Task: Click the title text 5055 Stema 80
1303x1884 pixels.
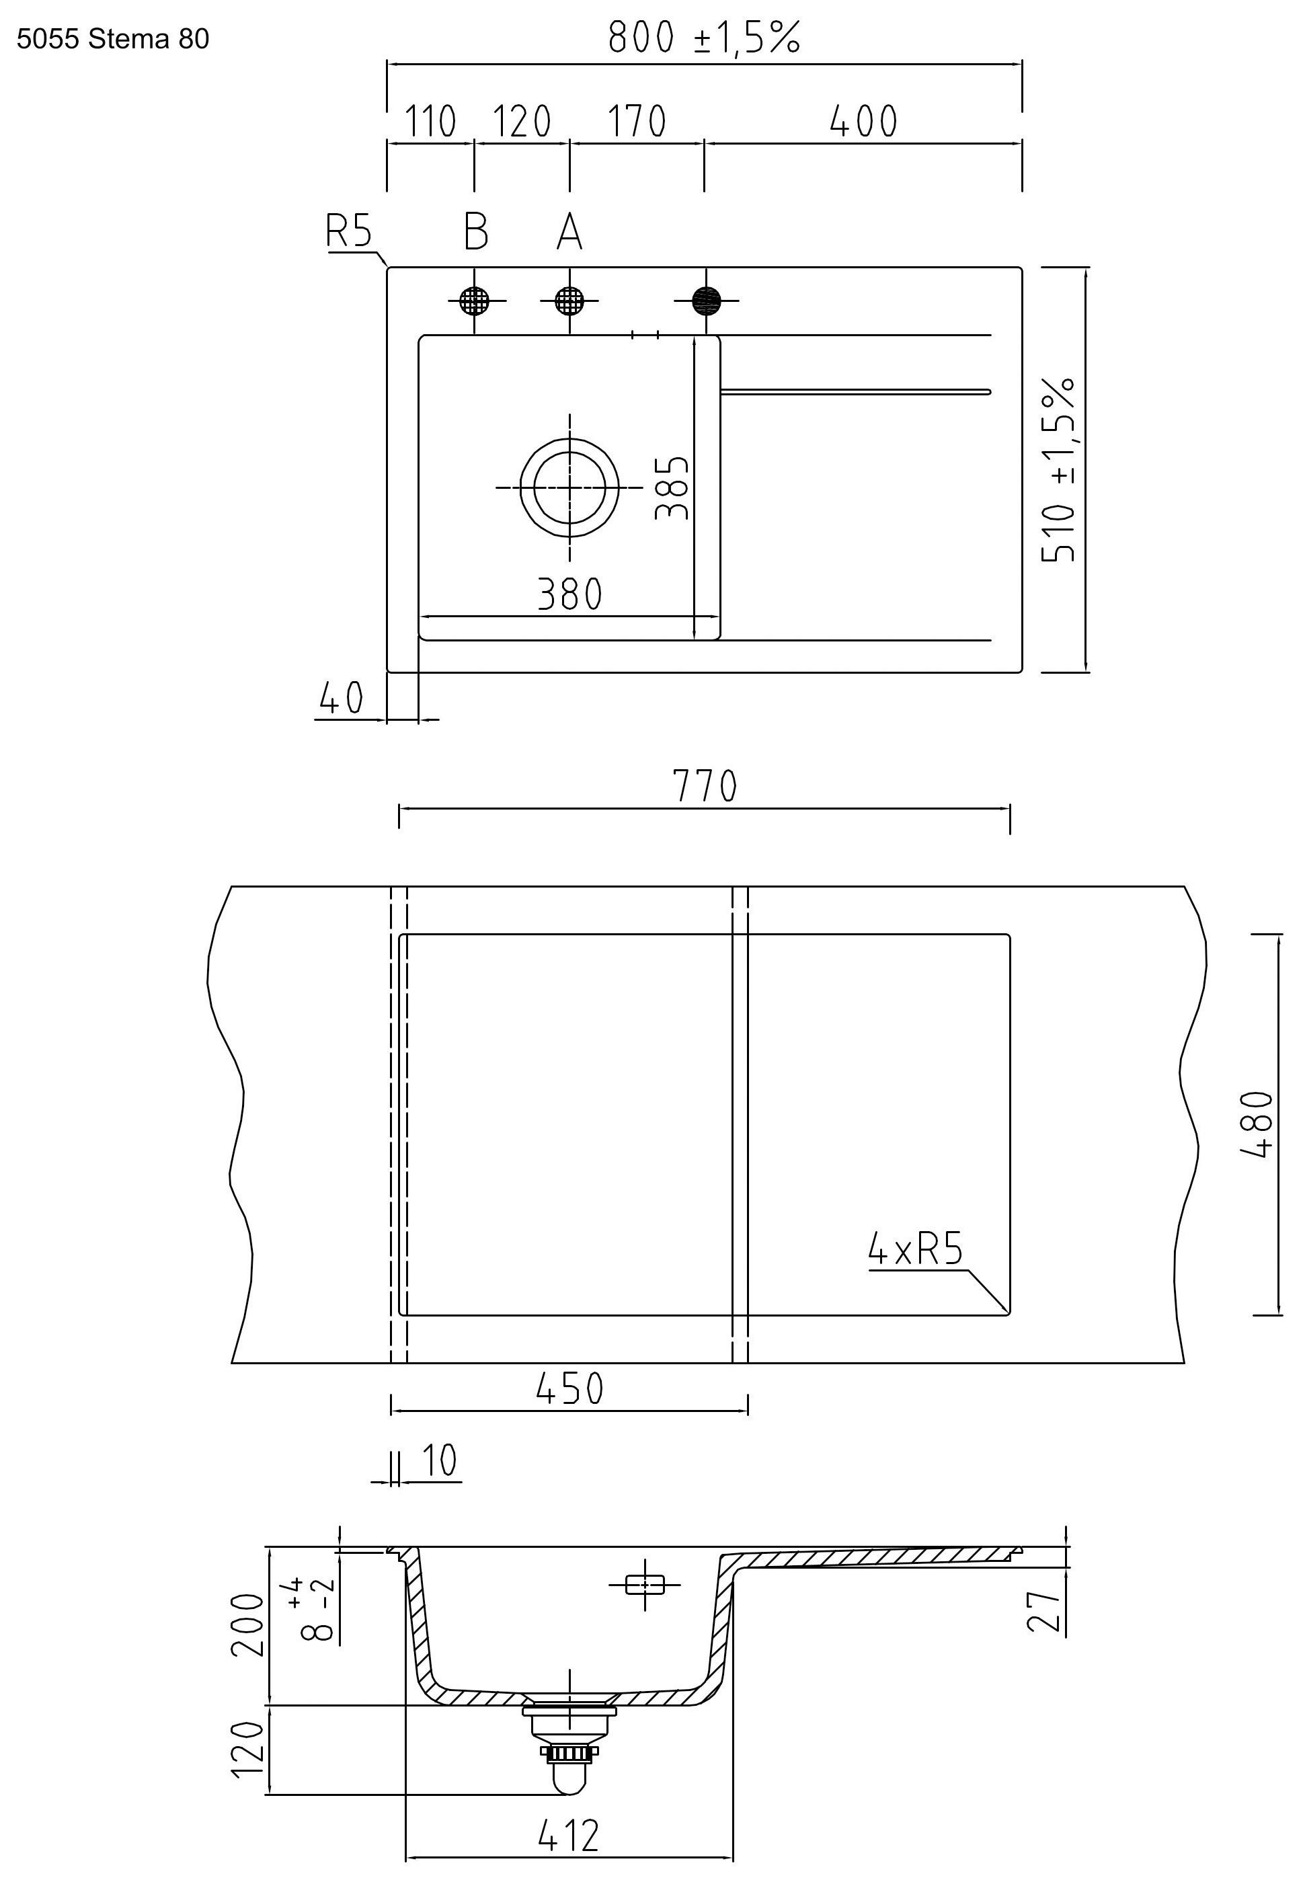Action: [113, 38]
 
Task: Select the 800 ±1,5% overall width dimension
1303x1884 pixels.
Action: [704, 38]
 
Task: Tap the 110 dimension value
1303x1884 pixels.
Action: [430, 121]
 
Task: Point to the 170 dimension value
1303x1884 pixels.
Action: [637, 121]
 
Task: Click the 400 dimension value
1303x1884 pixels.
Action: [863, 121]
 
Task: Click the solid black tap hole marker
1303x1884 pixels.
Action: [706, 301]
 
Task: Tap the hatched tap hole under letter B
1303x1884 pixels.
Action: [475, 301]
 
